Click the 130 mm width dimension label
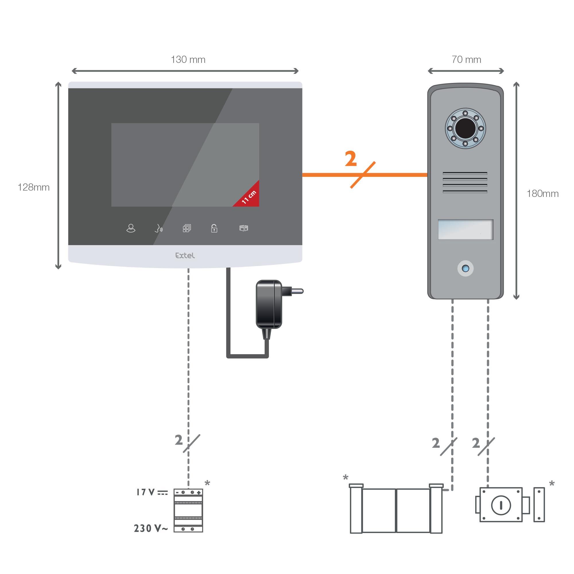pyautogui.click(x=188, y=59)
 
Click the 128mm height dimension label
pyautogui.click(x=33, y=187)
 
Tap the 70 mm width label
pyautogui.click(x=466, y=59)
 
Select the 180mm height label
pyautogui.click(x=542, y=193)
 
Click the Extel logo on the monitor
pyautogui.click(x=185, y=255)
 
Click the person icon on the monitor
pyautogui.click(x=131, y=228)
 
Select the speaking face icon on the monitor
pyautogui.click(x=159, y=228)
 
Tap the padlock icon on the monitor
pyautogui.click(x=214, y=228)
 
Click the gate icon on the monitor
pyautogui.click(x=244, y=228)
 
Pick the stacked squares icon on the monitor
pyautogui.click(x=187, y=228)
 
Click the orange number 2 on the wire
pyautogui.click(x=351, y=159)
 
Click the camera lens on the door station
pyautogui.click(x=465, y=128)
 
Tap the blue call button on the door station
pyautogui.click(x=465, y=268)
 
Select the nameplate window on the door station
pyautogui.click(x=465, y=229)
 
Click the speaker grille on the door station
pyautogui.click(x=465, y=183)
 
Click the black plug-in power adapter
pyautogui.click(x=269, y=305)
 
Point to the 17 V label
pyautogui.click(x=146, y=492)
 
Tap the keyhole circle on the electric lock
pyautogui.click(x=501, y=505)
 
